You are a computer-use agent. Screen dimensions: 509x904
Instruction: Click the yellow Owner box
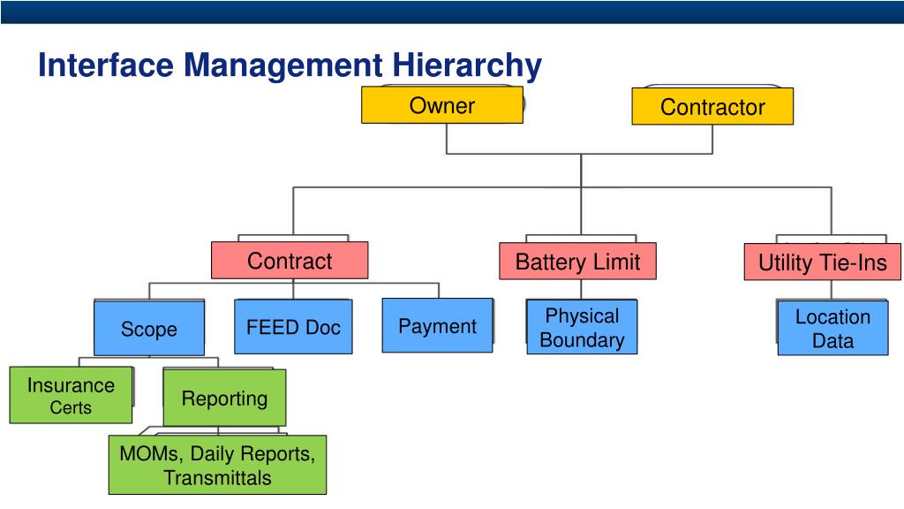tap(441, 106)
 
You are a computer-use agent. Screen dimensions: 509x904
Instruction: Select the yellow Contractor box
tap(712, 107)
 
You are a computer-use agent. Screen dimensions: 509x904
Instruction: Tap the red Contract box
tap(290, 261)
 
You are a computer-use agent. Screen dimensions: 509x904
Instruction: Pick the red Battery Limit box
tap(577, 262)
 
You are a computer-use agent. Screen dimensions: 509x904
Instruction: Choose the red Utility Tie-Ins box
tap(822, 263)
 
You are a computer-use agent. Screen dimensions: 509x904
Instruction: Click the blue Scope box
tap(148, 330)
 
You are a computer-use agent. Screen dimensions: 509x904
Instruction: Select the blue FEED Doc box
tap(293, 327)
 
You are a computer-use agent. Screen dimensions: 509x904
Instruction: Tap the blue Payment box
tap(437, 326)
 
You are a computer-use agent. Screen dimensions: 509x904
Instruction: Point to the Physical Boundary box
tap(582, 328)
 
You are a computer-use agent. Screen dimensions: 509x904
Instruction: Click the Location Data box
tap(832, 329)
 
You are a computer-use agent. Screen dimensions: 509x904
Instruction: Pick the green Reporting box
tap(224, 399)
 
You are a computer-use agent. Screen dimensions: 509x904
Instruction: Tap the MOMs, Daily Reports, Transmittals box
tap(217, 466)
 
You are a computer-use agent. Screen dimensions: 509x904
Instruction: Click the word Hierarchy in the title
tap(467, 65)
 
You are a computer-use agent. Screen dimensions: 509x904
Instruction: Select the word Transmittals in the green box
tap(217, 479)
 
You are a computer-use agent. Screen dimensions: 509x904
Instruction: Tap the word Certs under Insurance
tap(71, 408)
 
